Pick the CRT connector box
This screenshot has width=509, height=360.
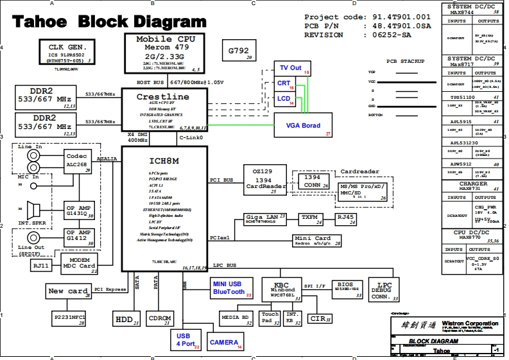pyautogui.click(x=285, y=83)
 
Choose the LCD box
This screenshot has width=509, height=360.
pyautogui.click(x=285, y=99)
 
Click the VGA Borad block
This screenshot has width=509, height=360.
pyautogui.click(x=304, y=126)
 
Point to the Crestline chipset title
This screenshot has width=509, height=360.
pyautogui.click(x=163, y=97)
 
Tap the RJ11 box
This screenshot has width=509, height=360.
pyautogui.click(x=42, y=266)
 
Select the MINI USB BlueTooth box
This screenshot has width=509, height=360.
pyautogui.click(x=229, y=288)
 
